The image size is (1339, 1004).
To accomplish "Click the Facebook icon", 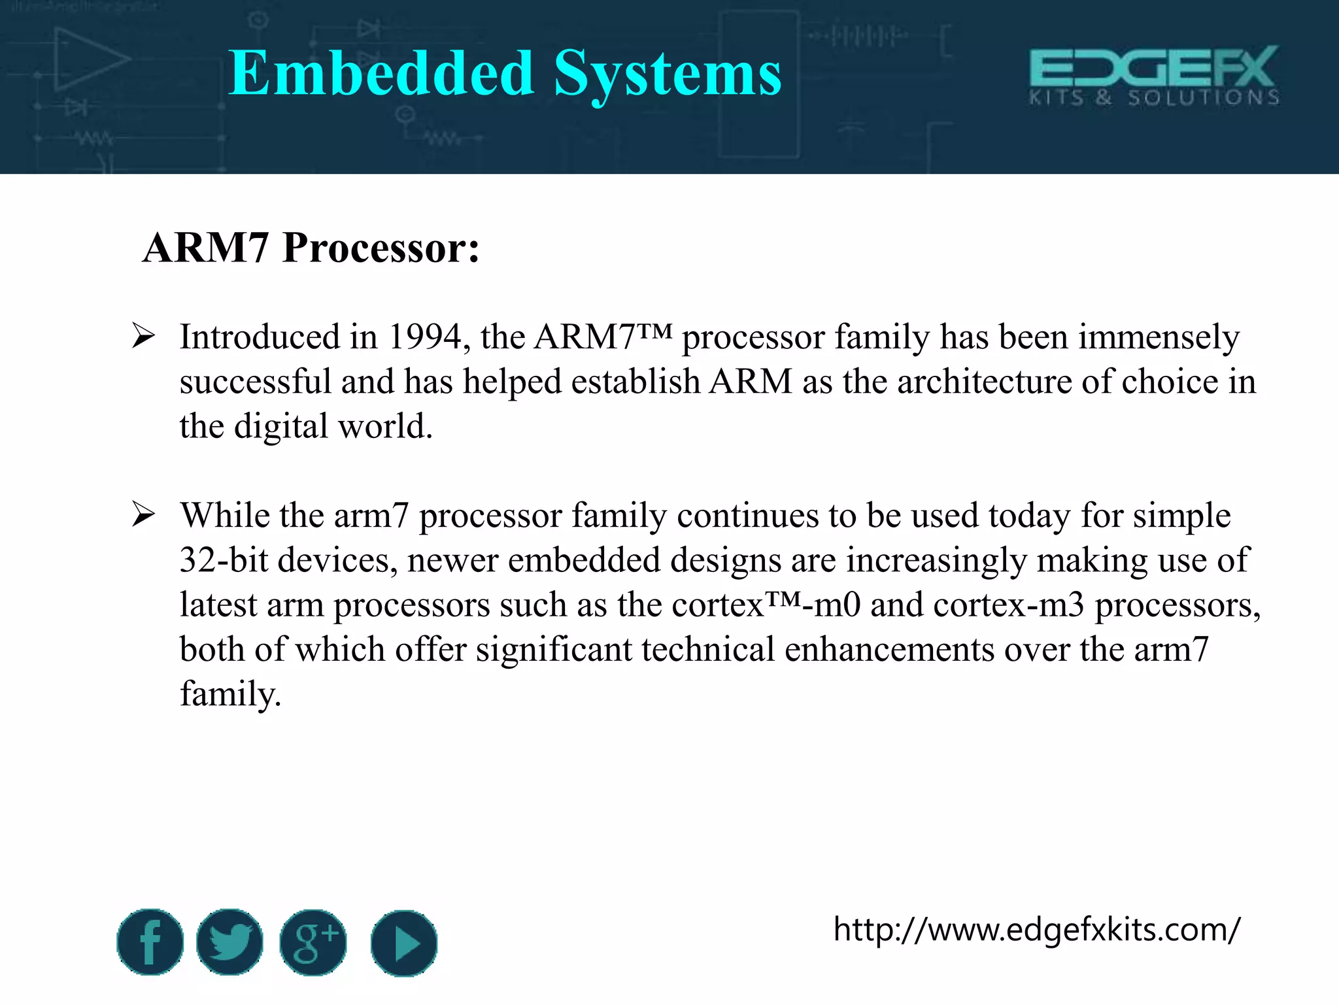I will pyautogui.click(x=150, y=942).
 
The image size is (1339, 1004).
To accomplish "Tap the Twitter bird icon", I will pyautogui.click(x=229, y=942).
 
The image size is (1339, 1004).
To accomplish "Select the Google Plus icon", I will pyautogui.click(x=313, y=943).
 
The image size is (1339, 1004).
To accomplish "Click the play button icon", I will pyautogui.click(x=403, y=943).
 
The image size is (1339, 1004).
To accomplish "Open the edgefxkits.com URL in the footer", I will pyautogui.click(x=1036, y=929).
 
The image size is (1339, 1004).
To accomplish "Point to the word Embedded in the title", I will pyautogui.click(x=381, y=73).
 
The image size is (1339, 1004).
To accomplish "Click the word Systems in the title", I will pyautogui.click(x=668, y=75).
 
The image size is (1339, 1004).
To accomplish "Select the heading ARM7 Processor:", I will pyautogui.click(x=311, y=248).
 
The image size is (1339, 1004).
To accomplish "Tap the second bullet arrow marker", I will pyautogui.click(x=143, y=514).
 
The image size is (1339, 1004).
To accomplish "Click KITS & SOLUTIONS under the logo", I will pyautogui.click(x=1154, y=98).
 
